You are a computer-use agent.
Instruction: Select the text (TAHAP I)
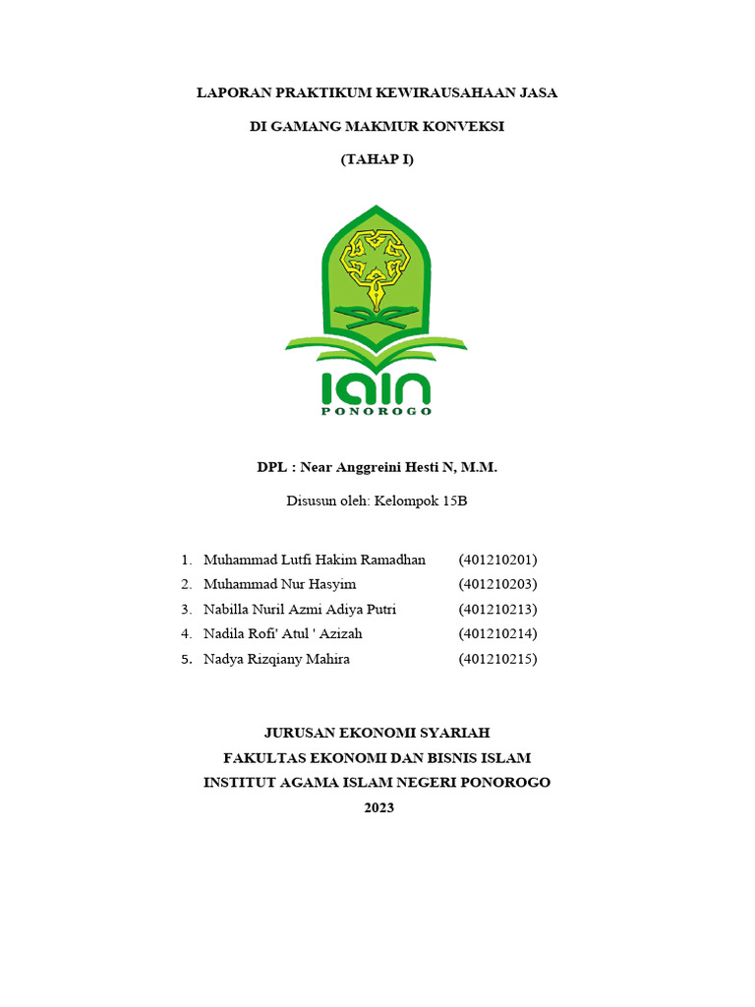coord(377,159)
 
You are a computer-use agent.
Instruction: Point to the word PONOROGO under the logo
coord(377,411)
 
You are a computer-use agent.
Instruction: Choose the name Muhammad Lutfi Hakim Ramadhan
coord(315,560)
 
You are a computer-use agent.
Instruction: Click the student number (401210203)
coord(497,584)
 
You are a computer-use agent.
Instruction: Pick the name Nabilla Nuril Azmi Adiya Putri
coord(300,610)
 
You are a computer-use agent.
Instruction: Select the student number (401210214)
coord(497,634)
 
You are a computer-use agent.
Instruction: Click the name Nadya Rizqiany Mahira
coord(276,659)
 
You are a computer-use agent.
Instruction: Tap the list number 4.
coord(186,634)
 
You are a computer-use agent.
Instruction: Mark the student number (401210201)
coord(497,560)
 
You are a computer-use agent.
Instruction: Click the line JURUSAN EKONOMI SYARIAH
coord(377,733)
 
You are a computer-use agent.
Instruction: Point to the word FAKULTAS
coord(264,758)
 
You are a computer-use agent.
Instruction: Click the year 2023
coord(377,807)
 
